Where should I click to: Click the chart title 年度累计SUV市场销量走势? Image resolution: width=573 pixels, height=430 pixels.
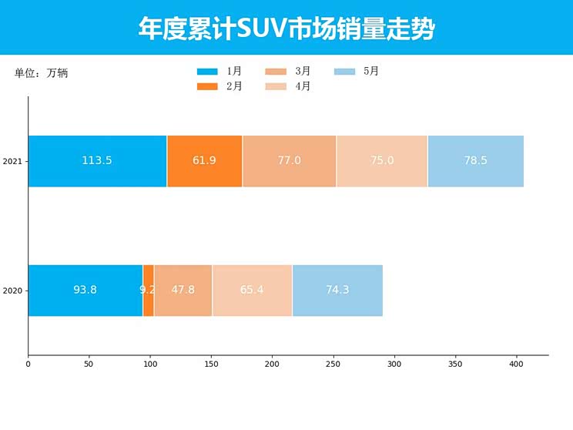[286, 29]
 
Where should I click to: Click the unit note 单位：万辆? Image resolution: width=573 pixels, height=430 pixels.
[42, 73]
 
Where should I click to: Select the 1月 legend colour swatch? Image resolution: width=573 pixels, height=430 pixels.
[207, 72]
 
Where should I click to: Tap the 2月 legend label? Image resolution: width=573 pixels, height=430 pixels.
[234, 86]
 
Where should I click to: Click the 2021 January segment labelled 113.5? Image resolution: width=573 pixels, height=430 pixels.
[97, 161]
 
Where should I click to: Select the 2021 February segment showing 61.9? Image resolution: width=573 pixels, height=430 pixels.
[204, 161]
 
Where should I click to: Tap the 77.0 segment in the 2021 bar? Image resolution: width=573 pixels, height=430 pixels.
[289, 161]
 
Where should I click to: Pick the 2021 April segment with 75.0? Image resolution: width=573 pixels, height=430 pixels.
[382, 161]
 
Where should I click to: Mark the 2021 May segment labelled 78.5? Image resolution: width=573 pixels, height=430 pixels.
[475, 161]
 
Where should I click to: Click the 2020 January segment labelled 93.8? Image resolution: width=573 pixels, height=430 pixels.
[85, 291]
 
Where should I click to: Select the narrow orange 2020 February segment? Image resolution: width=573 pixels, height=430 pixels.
[148, 291]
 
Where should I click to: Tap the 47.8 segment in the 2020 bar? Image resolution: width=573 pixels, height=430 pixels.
[183, 291]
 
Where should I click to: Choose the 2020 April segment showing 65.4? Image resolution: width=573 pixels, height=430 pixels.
[252, 291]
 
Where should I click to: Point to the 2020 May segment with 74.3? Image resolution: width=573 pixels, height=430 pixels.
[337, 291]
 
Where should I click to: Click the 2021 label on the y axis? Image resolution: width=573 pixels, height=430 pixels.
[12, 162]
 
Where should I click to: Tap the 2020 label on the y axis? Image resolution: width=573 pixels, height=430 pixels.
[12, 291]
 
